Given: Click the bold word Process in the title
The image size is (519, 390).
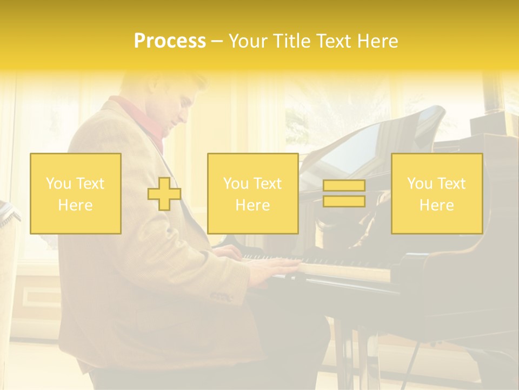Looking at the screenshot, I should [170, 41].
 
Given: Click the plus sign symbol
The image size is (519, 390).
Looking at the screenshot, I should [164, 194].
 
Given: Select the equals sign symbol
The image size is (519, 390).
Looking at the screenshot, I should [344, 193].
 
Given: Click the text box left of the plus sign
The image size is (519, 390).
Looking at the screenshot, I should [76, 194].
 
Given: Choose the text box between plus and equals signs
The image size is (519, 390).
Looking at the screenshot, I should [252, 194].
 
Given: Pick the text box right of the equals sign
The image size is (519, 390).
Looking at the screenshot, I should [436, 194].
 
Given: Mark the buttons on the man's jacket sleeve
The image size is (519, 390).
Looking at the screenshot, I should [221, 296].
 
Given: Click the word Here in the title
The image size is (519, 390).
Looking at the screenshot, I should [376, 41].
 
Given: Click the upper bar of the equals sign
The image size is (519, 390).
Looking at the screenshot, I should [344, 185].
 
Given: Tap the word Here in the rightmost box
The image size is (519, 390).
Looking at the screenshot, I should [436, 205].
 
